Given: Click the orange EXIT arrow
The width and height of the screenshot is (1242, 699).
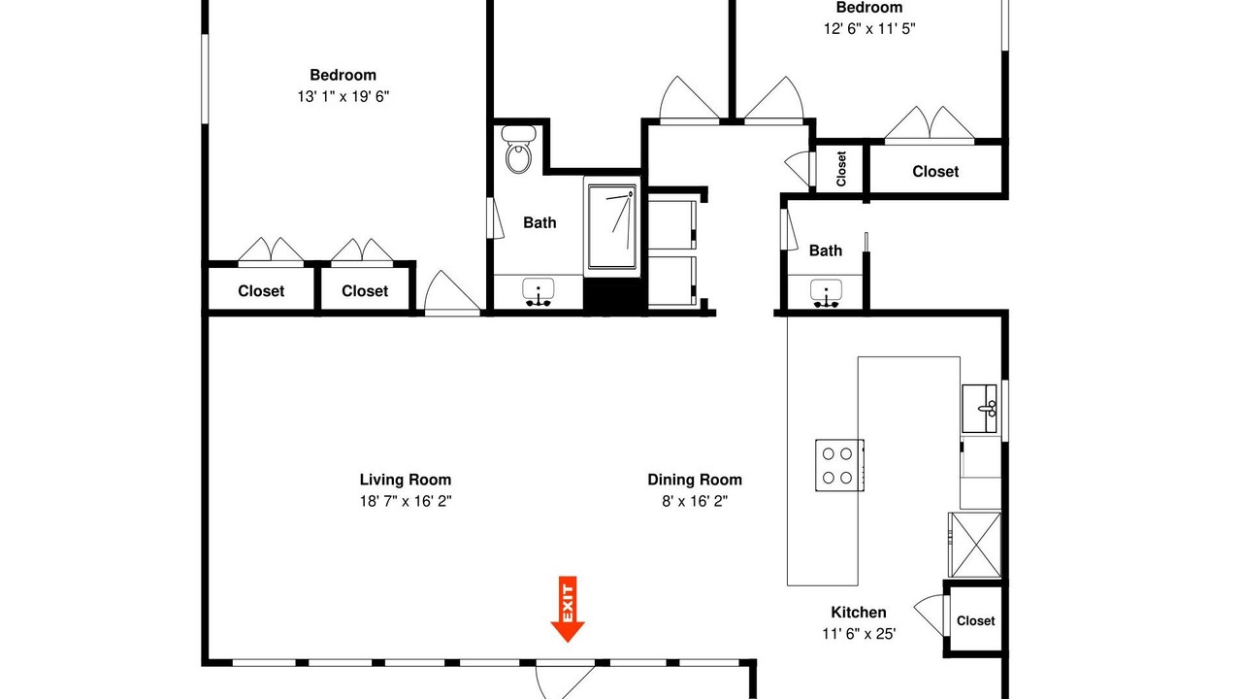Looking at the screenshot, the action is pos(568,609).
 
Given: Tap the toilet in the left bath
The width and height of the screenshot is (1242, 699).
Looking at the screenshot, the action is pos(518,150).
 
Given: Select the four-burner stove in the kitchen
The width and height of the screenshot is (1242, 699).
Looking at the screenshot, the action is pos(839,465).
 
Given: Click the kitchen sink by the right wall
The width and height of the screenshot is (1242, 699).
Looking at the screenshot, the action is pos(979,409).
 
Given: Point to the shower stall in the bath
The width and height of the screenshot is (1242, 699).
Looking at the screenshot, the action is pos(612,227).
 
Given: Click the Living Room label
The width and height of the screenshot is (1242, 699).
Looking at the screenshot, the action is pos(406,480).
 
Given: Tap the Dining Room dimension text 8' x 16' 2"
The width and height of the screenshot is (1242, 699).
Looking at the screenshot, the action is pos(695,501).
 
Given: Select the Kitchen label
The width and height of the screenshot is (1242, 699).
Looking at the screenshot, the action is pos(859,612).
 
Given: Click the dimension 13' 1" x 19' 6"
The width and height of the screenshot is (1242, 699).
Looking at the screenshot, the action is pos(343,96).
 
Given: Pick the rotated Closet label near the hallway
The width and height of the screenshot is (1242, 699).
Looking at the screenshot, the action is pos(841,169).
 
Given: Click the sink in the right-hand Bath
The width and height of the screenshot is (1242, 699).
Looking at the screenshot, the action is pos(826,293).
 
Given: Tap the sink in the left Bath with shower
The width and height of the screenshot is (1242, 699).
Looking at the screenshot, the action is pos(538,292).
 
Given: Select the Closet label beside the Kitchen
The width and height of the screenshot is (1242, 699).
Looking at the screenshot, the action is pos(975,620).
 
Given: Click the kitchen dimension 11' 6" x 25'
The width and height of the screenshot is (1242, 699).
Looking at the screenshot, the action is pos(859,634).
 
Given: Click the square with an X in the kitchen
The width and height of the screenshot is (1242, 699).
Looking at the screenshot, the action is pos(975,545).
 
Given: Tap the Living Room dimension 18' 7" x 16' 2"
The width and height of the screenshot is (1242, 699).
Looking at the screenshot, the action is pos(406,501).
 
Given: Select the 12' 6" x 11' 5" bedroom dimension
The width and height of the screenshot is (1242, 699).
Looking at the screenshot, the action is pos(869,28).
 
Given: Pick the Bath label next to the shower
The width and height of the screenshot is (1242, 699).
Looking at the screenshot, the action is pos(539,222).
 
